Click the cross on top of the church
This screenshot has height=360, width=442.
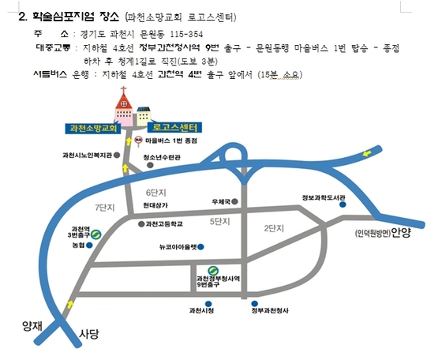(123, 90)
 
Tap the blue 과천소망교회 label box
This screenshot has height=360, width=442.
(93, 129)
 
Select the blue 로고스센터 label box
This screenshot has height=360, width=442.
(174, 127)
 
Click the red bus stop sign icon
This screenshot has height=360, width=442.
(138, 141)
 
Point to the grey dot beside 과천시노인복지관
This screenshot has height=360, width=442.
(117, 155)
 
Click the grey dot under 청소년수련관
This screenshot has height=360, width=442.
(151, 165)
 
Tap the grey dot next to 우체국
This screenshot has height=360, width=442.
(234, 201)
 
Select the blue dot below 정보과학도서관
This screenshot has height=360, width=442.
(343, 204)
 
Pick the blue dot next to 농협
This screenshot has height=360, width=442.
(89, 246)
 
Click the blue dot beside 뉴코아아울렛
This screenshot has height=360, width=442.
(200, 247)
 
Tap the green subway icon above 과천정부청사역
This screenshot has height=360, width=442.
(213, 271)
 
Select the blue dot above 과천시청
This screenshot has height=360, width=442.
(208, 304)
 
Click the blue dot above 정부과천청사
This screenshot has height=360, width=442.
(254, 304)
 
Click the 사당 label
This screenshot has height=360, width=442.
(88, 334)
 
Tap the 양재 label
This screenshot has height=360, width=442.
(32, 326)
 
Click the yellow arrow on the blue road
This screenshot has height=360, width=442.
(367, 153)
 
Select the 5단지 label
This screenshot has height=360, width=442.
(220, 222)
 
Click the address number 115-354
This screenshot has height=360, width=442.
(186, 35)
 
